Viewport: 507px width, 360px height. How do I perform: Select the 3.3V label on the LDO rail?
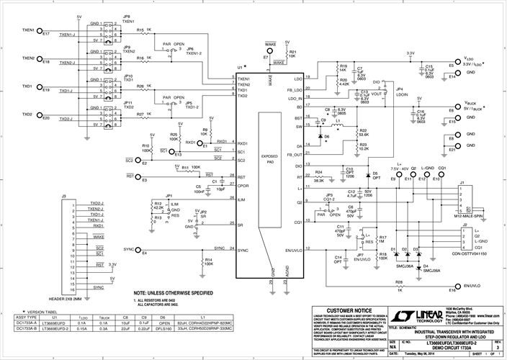410,53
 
